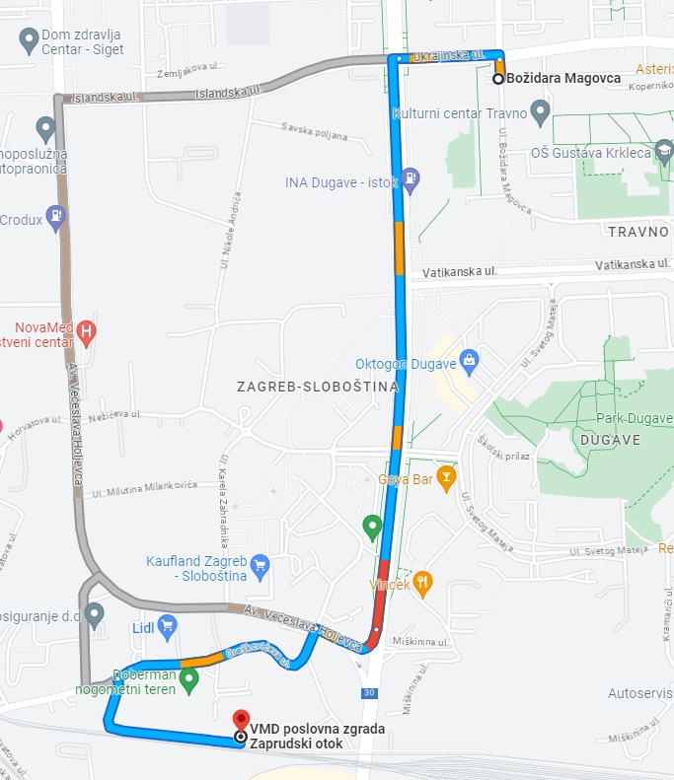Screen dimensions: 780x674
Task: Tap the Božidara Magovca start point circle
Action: [x=498, y=78]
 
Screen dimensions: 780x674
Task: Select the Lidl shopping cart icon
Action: [x=167, y=624]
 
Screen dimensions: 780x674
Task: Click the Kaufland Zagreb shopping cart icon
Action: [x=260, y=565]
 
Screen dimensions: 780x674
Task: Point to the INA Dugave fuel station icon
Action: [x=412, y=180]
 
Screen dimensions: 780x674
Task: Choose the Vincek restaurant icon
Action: [x=423, y=583]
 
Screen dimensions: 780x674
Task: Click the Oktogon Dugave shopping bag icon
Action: [x=470, y=360]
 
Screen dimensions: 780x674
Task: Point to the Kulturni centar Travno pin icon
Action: [x=539, y=114]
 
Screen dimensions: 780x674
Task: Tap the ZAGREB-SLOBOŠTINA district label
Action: [x=318, y=387]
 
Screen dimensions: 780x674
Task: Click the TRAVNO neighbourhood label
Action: [x=638, y=231]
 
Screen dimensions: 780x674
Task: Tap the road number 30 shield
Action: [x=368, y=692]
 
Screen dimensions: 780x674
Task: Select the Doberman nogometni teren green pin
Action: [x=188, y=678]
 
